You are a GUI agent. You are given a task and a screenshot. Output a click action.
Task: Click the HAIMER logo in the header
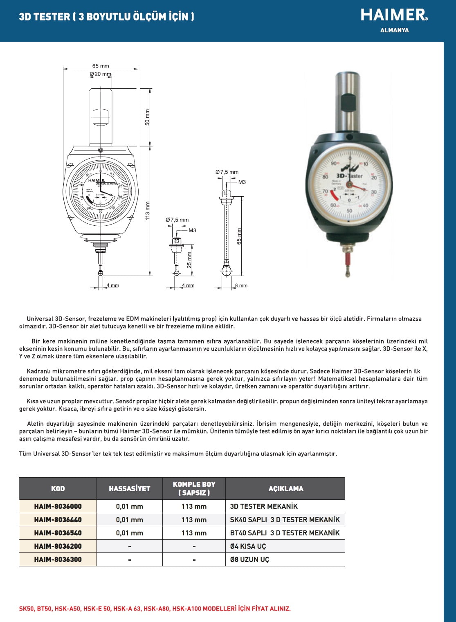[394, 15]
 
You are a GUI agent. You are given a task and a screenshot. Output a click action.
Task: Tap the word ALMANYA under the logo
[394, 30]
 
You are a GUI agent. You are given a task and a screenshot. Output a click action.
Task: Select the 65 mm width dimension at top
[101, 66]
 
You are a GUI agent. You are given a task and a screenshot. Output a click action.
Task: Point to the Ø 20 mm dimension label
[101, 74]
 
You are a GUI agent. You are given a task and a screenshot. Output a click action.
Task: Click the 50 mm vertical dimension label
[148, 117]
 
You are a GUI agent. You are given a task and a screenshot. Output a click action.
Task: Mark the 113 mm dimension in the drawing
[148, 210]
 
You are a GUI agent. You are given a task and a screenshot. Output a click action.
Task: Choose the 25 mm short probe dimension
[189, 260]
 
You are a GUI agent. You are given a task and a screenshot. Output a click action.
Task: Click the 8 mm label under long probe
[241, 285]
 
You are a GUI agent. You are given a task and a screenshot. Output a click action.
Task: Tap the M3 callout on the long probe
[242, 182]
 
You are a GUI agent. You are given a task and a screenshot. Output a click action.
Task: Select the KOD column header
[58, 489]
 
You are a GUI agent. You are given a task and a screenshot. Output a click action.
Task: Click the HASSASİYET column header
[129, 489]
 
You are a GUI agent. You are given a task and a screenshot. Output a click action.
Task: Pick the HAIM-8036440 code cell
[58, 520]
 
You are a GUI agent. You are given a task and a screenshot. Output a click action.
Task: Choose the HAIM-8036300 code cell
[58, 559]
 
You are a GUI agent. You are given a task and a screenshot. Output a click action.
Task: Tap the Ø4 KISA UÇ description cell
[248, 546]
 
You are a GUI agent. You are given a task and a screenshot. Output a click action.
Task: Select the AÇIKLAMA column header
[285, 489]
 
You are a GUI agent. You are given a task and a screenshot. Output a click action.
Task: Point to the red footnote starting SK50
[155, 609]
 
